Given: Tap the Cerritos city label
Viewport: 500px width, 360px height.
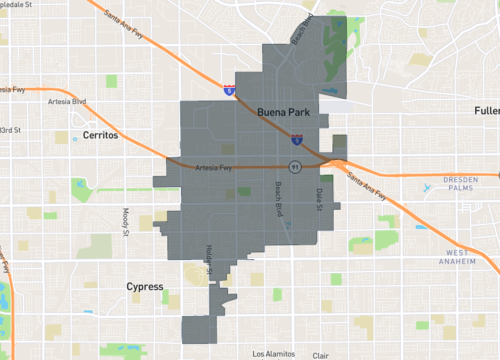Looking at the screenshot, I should (x=100, y=134).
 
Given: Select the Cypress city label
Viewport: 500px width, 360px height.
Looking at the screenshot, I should (x=145, y=287).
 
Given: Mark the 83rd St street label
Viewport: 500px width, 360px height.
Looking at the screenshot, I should (x=9, y=130).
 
